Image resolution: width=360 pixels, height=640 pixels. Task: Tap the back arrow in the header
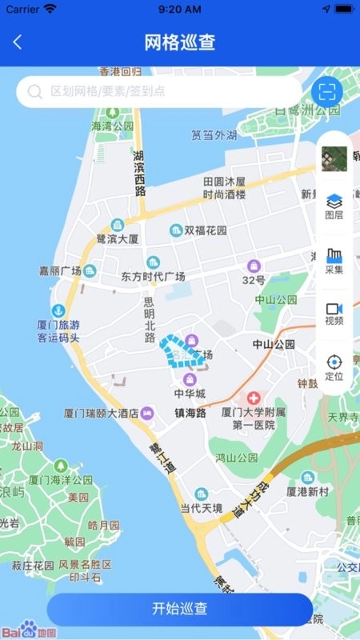18,42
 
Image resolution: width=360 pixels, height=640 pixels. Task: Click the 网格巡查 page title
180,42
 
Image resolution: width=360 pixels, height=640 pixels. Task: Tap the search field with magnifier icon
160,91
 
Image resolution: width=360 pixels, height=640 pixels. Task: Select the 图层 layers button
334,206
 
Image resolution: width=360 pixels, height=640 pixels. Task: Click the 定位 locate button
334,366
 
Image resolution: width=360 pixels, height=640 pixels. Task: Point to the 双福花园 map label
206,230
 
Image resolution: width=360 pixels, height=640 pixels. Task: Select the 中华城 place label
190,393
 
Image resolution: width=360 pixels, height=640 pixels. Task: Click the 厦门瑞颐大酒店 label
101,414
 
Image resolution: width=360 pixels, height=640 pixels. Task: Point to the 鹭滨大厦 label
118,238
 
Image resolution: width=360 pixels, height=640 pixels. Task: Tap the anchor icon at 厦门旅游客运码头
58,310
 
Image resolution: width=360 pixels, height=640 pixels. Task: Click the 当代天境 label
201,508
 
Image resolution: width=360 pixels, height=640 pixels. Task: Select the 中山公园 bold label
274,344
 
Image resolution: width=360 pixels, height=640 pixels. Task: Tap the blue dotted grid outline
176,350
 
